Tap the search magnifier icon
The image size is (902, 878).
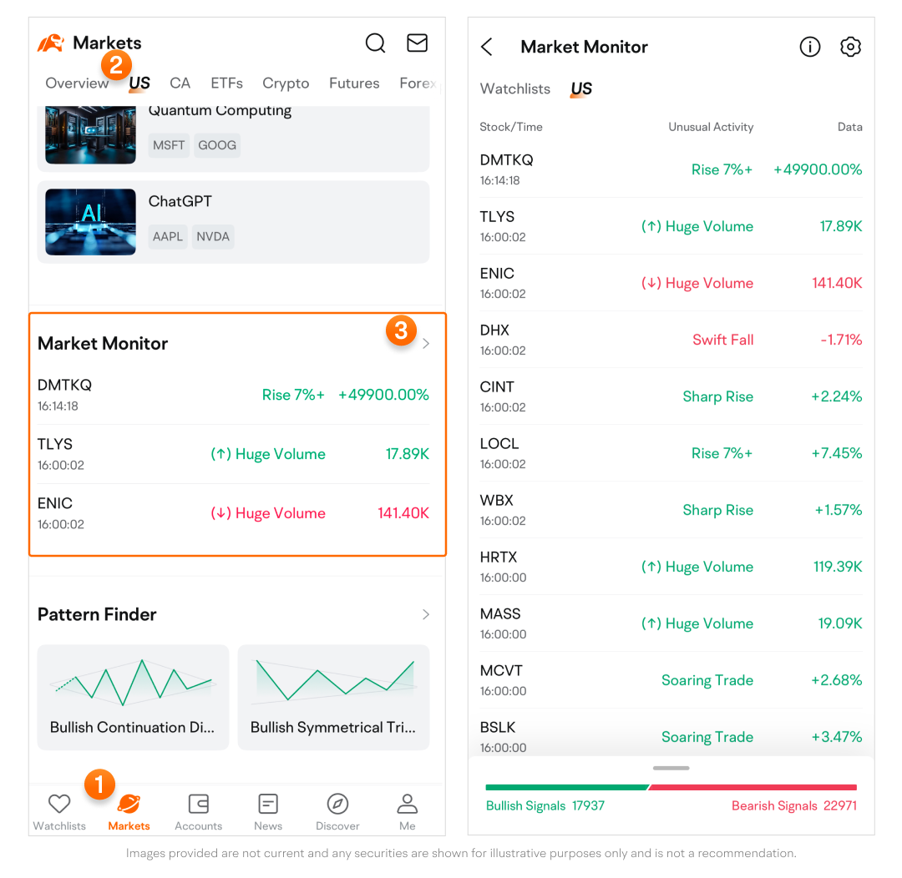(x=376, y=43)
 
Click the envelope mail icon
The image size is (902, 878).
(x=418, y=43)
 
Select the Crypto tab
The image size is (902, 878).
(x=286, y=83)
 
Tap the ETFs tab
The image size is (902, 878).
(x=226, y=83)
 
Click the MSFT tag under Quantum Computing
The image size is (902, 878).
(x=169, y=145)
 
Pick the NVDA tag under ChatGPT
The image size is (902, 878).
(x=213, y=237)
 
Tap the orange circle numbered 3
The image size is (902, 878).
(x=401, y=331)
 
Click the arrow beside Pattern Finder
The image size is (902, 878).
(x=426, y=615)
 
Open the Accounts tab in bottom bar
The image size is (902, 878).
(x=198, y=812)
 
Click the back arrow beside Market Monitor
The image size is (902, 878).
(x=487, y=47)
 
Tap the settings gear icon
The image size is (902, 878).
(x=850, y=47)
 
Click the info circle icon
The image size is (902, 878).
(x=810, y=47)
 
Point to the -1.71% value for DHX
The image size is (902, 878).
(x=841, y=341)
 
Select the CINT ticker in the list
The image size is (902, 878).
(x=497, y=387)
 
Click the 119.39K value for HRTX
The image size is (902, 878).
(x=838, y=568)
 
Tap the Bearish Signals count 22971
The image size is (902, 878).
(x=839, y=806)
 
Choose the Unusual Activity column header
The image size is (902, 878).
(x=711, y=128)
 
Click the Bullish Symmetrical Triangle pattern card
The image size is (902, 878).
(x=333, y=697)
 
